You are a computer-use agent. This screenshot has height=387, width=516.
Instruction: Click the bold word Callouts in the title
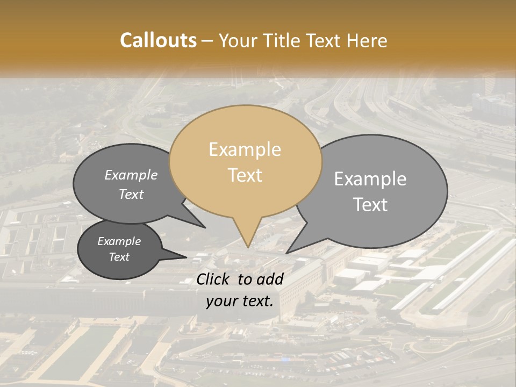pos(158,40)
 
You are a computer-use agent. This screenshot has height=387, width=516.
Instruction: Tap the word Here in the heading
pos(368,40)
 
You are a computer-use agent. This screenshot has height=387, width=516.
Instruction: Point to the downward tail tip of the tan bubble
pos(248,247)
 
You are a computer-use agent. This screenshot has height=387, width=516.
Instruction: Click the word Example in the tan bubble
pos(245,149)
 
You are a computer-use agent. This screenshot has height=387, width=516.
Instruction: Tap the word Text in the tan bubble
pos(245,175)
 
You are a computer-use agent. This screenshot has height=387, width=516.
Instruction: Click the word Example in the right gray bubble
pos(370,179)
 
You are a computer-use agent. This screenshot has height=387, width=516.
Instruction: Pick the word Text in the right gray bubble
pos(371,205)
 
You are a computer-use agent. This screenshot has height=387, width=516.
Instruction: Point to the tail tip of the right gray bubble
pos(286,253)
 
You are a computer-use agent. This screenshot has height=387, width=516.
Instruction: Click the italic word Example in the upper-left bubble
pos(131,175)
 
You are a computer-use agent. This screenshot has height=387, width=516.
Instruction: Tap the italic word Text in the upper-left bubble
pos(131,194)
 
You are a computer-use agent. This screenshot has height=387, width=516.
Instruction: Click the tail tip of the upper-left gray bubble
pos(205,227)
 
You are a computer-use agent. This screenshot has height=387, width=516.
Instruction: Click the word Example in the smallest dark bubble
pos(119,241)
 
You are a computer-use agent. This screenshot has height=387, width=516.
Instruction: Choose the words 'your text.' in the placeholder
pos(240,302)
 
